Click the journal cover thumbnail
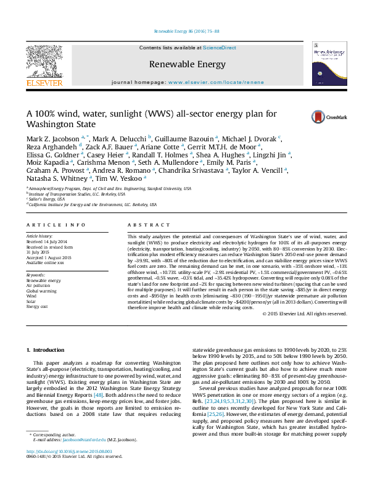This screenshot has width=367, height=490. (328, 64)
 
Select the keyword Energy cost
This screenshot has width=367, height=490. (36, 307)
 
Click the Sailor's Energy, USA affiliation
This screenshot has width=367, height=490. (47, 200)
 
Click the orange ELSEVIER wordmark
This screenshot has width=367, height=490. (43, 83)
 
